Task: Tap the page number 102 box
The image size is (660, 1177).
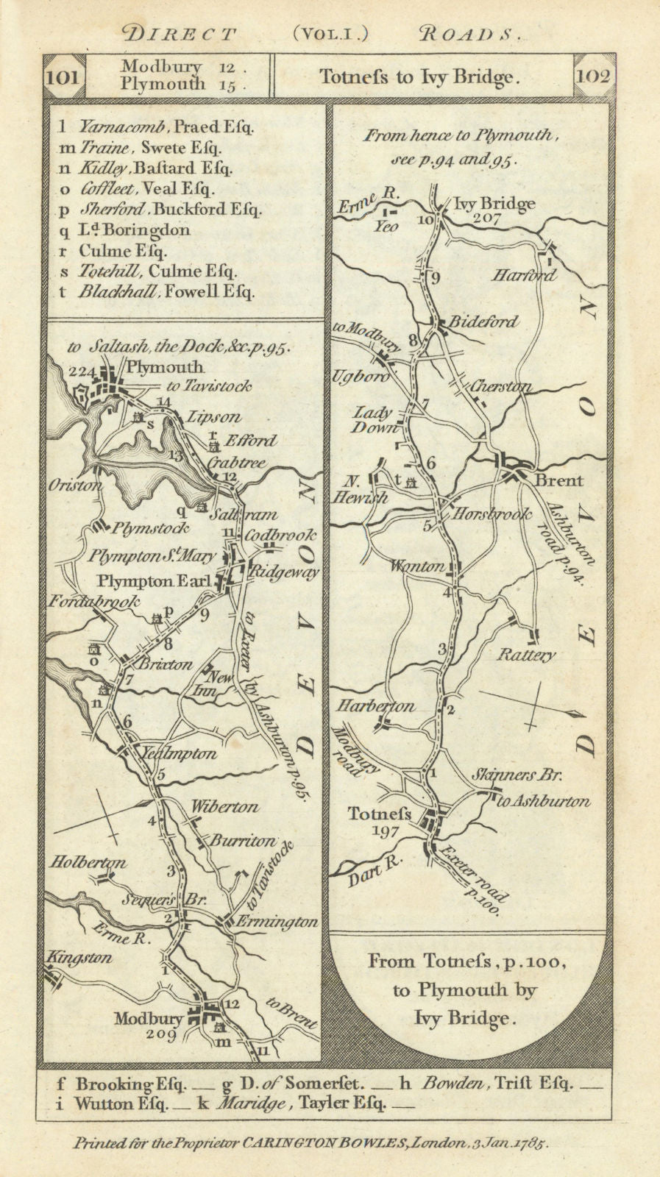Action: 593,76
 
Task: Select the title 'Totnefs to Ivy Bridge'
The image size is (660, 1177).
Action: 419,77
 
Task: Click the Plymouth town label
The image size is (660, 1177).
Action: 165,367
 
